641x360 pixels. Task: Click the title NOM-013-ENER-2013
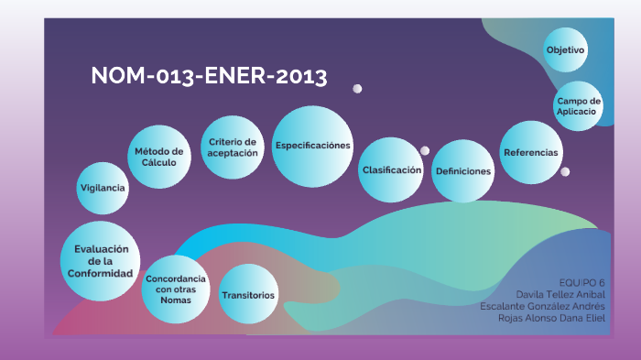click(209, 77)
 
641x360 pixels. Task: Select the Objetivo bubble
click(566, 49)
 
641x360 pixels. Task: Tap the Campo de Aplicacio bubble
click(578, 106)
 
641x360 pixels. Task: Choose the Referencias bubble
click(531, 151)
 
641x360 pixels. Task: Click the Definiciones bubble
click(463, 171)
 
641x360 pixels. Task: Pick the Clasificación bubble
click(391, 170)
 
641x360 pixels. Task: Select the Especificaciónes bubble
click(313, 146)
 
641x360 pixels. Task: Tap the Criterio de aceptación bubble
click(232, 147)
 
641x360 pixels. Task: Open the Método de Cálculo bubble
click(159, 157)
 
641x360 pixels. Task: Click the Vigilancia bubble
click(103, 187)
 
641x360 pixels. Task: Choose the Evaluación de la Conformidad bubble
click(102, 261)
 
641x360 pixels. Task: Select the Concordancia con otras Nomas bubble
click(176, 289)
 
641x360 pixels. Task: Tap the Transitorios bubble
click(248, 295)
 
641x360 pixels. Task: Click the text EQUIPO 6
click(582, 281)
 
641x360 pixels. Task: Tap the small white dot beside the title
click(357, 89)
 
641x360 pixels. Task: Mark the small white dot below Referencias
click(565, 171)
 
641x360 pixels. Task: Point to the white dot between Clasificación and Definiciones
click(425, 151)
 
